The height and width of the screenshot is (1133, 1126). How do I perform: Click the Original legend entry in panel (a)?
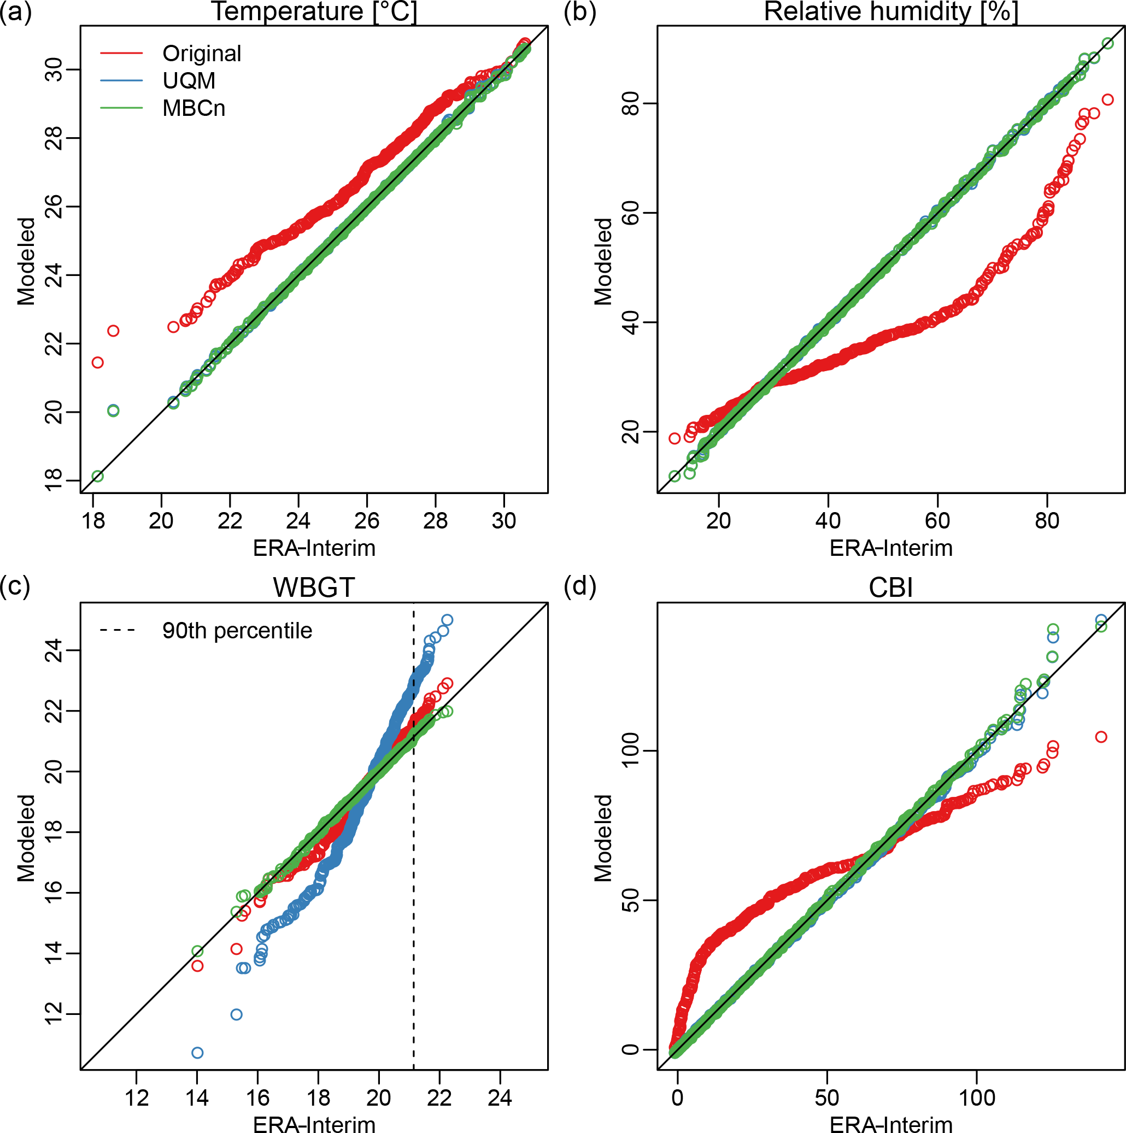coord(201,54)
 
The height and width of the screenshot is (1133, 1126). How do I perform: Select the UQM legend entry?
coord(188,80)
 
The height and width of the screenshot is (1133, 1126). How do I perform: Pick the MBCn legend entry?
coord(193,108)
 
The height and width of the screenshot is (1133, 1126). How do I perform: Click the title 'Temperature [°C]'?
coord(314,11)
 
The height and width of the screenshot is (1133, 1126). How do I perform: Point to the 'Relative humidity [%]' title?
coord(890,11)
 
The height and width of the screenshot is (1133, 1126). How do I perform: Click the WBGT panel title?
coord(314,588)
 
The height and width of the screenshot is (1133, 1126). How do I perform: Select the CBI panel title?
coord(890,588)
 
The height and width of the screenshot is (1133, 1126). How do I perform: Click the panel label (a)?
coord(15,11)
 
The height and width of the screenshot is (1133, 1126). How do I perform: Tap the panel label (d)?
coord(579,586)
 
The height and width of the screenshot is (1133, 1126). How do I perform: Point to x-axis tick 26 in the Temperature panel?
coord(367,521)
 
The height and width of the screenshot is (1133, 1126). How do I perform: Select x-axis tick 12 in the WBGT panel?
coord(137,1097)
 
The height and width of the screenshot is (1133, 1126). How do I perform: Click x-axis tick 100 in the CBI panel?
coord(976,1097)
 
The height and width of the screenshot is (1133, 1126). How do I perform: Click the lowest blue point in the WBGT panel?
coord(198,1053)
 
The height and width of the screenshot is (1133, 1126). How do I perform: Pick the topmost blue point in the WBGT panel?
coord(447,620)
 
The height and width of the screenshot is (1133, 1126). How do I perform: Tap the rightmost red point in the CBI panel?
coord(1101,737)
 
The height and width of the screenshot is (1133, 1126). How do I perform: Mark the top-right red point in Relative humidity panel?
coord(1107,99)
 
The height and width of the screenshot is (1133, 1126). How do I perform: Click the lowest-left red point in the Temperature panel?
coord(98,362)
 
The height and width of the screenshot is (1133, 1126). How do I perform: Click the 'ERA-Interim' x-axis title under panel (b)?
coord(890,548)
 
